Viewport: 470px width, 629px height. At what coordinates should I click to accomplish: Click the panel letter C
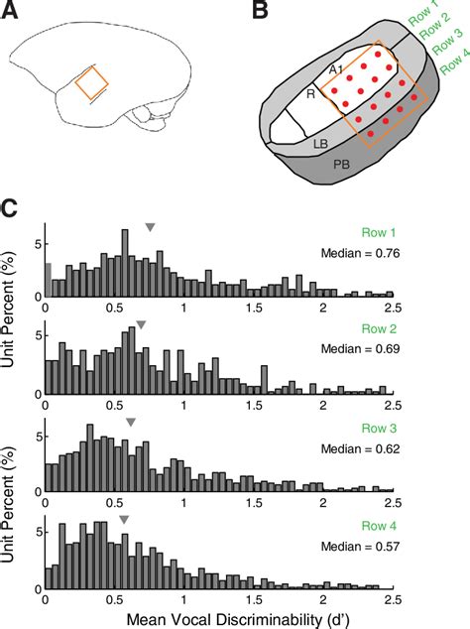(11, 209)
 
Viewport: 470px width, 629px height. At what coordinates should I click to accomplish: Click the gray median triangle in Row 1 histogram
(150, 228)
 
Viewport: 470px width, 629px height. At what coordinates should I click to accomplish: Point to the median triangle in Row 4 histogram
(124, 519)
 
